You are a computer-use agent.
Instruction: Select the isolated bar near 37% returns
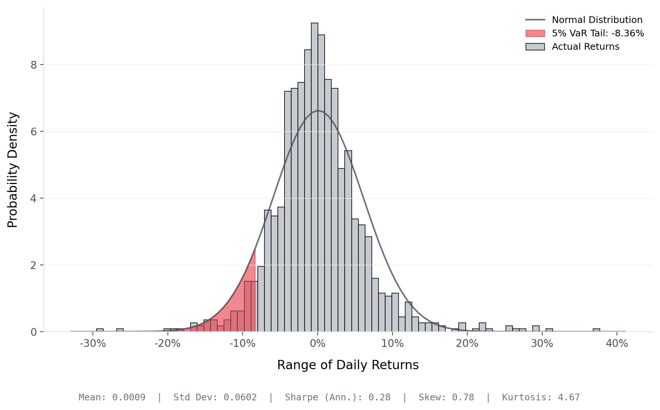pyautogui.click(x=596, y=330)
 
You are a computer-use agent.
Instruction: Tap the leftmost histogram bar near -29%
pyautogui.click(x=100, y=330)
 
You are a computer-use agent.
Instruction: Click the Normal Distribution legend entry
pyautogui.click(x=597, y=20)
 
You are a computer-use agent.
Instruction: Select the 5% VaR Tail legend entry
pyautogui.click(x=598, y=33)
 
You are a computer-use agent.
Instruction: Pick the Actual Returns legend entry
pyautogui.click(x=585, y=47)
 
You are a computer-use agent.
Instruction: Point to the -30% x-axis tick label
pyautogui.click(x=92, y=344)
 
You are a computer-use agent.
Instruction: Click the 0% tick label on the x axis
pyautogui.click(x=318, y=344)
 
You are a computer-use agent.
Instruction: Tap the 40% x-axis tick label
pyautogui.click(x=617, y=344)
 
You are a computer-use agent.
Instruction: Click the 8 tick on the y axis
pyautogui.click(x=34, y=65)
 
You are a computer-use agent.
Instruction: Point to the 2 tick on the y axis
pyautogui.click(x=34, y=265)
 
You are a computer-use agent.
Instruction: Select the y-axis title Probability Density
pyautogui.click(x=13, y=170)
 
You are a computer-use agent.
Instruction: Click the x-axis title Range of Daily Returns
pyautogui.click(x=348, y=365)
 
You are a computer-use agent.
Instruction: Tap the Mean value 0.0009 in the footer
pyautogui.click(x=129, y=397)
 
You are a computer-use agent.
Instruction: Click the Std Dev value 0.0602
pyautogui.click(x=240, y=397)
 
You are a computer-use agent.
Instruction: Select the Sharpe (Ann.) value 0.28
pyautogui.click(x=379, y=397)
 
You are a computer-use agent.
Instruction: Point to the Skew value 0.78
pyautogui.click(x=463, y=397)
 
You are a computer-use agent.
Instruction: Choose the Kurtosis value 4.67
pyautogui.click(x=569, y=397)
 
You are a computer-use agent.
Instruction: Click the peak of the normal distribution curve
pyautogui.click(x=318, y=111)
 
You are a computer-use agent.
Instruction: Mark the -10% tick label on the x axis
pyautogui.click(x=242, y=344)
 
